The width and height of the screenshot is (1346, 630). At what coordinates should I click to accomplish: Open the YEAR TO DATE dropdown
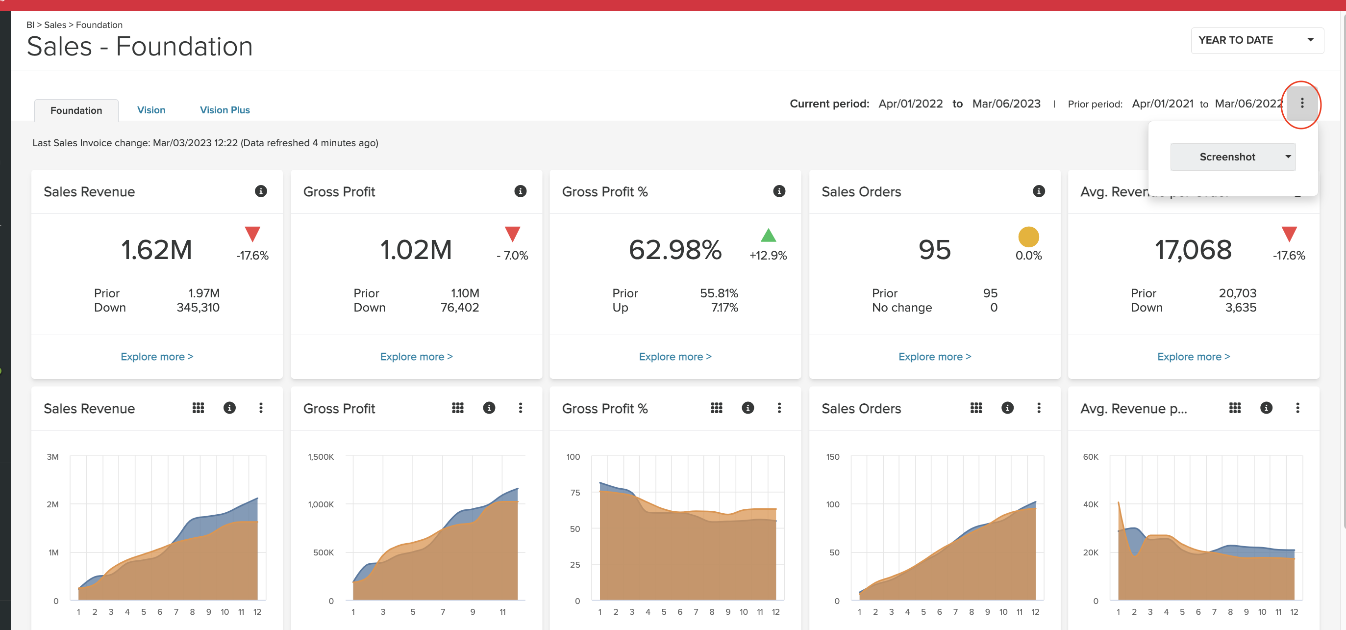tap(1256, 40)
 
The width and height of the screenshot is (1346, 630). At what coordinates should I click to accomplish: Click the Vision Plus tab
tap(224, 110)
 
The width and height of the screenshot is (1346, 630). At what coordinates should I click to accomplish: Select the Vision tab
tap(151, 110)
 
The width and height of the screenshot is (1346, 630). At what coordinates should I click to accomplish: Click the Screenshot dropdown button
tap(1232, 157)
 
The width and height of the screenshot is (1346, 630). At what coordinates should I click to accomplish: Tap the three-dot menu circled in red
tap(1301, 103)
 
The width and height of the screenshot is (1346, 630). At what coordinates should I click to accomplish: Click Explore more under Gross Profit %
tap(674, 357)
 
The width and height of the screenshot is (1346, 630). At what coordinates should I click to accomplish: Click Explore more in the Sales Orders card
tap(934, 357)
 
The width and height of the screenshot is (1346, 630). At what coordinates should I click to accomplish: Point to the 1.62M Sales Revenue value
tap(156, 250)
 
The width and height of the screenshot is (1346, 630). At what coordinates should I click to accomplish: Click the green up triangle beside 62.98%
tap(768, 236)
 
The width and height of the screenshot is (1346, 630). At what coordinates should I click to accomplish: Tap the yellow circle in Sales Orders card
tap(1028, 237)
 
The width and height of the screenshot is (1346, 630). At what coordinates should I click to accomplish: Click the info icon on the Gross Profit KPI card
tap(520, 191)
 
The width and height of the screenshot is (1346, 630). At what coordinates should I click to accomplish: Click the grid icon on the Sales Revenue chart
tap(198, 408)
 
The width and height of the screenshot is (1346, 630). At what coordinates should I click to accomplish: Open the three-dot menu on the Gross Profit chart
tap(520, 408)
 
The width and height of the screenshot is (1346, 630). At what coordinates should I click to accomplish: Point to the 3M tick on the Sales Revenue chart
tap(53, 457)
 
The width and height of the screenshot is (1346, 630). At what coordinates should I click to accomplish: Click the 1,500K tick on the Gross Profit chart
tap(320, 457)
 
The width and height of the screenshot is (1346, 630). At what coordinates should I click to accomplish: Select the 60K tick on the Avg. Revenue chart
tap(1090, 457)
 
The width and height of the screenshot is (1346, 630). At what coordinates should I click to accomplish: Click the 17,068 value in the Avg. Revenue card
tap(1193, 250)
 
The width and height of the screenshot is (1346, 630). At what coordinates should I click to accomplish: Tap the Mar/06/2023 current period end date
tap(1006, 104)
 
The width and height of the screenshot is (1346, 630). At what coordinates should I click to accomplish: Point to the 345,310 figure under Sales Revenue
tap(198, 308)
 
